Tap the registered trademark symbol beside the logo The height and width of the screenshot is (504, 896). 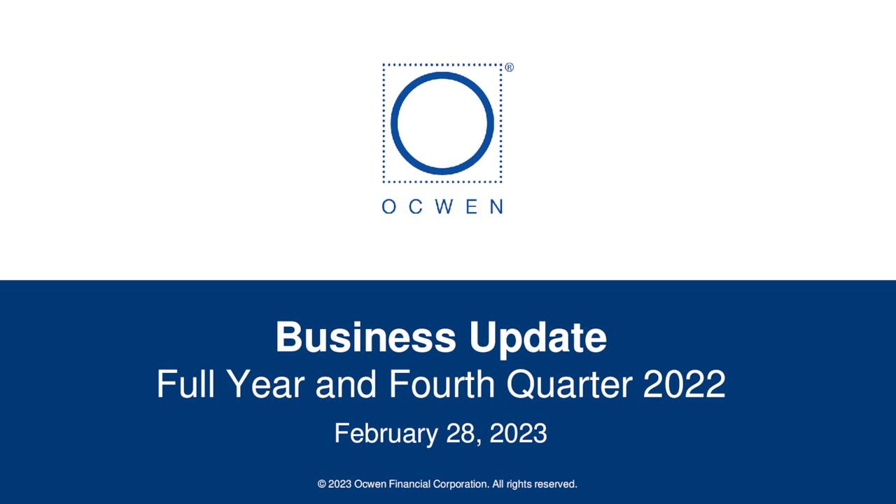tap(509, 67)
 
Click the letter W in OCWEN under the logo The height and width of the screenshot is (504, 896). tap(442, 206)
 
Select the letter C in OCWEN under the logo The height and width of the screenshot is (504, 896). tap(415, 206)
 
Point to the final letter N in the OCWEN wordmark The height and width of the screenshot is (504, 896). tap(496, 206)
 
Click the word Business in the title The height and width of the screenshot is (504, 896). tap(365, 337)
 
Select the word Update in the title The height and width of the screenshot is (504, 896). tap(538, 337)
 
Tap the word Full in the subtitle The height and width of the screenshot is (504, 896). tap(181, 384)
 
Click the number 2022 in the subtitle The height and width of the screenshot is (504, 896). tap(684, 384)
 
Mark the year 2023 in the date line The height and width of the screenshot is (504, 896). tap(518, 433)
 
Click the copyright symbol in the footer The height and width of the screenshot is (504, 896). tap(322, 484)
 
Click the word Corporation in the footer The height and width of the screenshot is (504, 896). tap(463, 484)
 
